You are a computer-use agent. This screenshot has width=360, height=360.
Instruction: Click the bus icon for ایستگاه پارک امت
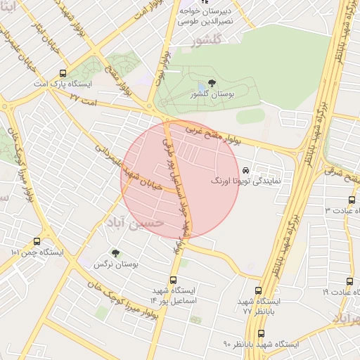pyautogui.click(x=64, y=72)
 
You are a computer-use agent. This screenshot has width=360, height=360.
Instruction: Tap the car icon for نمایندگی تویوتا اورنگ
pyautogui.click(x=245, y=171)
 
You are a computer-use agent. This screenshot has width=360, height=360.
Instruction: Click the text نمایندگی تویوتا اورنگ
pyautogui.click(x=246, y=181)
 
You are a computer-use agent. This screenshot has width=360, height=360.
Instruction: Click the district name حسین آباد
pyautogui.click(x=135, y=221)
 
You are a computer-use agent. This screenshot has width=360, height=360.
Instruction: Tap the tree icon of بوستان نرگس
pyautogui.click(x=115, y=252)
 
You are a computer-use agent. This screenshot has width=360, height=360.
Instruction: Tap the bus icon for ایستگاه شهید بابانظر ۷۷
pyautogui.click(x=257, y=290)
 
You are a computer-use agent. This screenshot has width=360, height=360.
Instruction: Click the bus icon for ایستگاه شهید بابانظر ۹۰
pyautogui.click(x=262, y=333)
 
